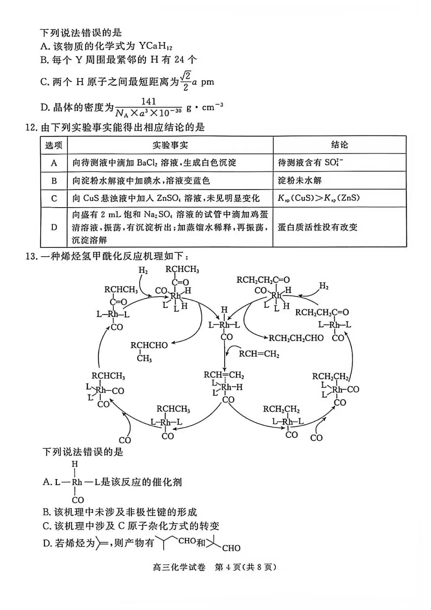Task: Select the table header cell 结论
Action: pos(340,145)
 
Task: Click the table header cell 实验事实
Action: pos(170,145)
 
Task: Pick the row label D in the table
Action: pos(54,227)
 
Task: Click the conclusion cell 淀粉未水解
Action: pos(300,180)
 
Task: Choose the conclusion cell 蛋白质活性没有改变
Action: pos(318,227)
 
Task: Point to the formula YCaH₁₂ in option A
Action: pos(156,46)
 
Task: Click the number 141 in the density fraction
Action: pos(148,101)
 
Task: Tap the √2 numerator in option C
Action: pos(186,76)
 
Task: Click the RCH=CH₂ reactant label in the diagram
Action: pos(259,354)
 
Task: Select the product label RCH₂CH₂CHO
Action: pos(296,338)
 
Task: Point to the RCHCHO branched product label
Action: pos(149,345)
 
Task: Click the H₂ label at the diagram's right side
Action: pos(324,286)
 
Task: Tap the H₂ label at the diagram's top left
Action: pos(143,270)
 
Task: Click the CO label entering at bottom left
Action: pos(125,440)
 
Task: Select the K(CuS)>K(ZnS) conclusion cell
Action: pos(318,198)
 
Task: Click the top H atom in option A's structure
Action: pos(75,463)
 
